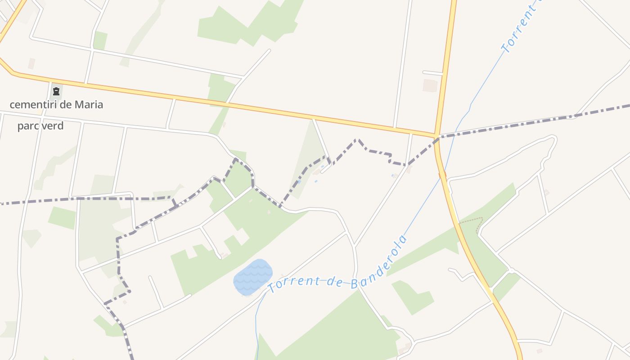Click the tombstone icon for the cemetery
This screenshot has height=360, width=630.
(x=56, y=92)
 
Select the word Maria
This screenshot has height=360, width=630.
(x=89, y=105)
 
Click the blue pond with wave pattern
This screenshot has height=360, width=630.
(x=253, y=277)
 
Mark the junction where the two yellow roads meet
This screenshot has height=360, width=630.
(x=436, y=135)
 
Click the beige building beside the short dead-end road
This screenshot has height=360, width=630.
(x=430, y=85)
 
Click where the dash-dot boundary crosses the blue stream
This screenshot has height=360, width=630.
(x=454, y=133)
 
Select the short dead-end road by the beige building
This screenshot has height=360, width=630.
(x=432, y=73)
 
